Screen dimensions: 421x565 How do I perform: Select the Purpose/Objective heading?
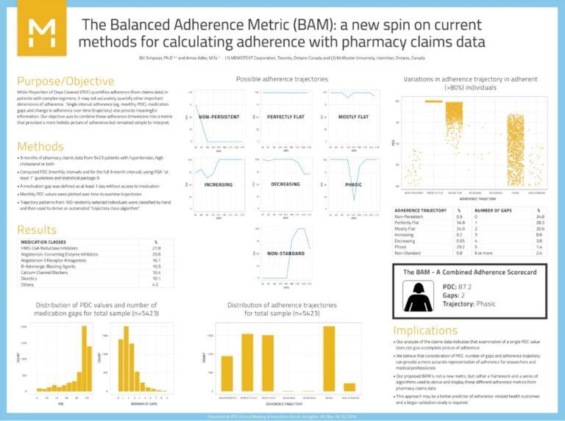pyautogui.click(x=65, y=81)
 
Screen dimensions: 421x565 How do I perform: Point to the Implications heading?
pyautogui.click(x=436, y=330)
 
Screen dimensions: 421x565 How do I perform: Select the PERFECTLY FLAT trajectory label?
pyautogui.click(x=283, y=117)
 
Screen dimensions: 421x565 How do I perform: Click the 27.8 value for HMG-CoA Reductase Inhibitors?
pyautogui.click(x=155, y=249)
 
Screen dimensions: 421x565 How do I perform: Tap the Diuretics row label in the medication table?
pyautogui.click(x=29, y=278)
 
